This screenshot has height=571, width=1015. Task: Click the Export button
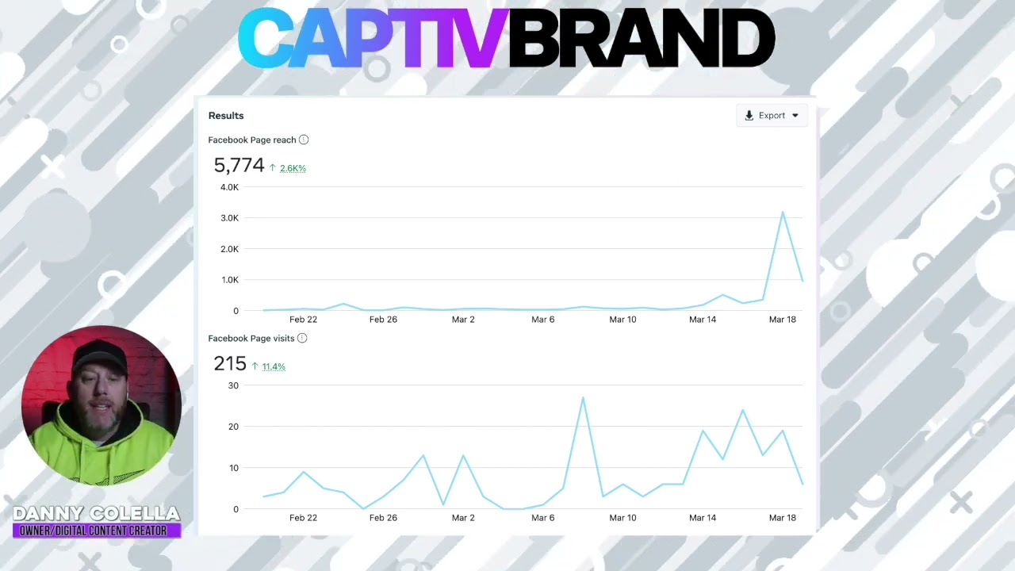(x=772, y=116)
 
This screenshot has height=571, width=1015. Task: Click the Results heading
(x=226, y=116)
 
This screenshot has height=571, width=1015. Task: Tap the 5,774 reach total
(x=239, y=165)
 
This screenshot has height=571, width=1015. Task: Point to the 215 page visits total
(x=230, y=363)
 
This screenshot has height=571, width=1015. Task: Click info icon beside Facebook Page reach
(x=304, y=140)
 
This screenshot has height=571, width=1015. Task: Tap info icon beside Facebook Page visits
(x=302, y=338)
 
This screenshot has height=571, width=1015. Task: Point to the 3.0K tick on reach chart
(x=229, y=218)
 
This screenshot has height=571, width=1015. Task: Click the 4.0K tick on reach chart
(x=229, y=187)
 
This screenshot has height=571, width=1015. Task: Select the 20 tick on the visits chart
(x=233, y=427)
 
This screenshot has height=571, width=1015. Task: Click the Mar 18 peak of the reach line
(x=783, y=212)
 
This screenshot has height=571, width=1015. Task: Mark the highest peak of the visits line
(x=583, y=397)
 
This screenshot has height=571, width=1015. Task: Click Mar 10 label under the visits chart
(x=622, y=518)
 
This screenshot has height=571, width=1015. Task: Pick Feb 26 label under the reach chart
(x=383, y=320)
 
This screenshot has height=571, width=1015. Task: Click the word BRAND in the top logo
(x=641, y=40)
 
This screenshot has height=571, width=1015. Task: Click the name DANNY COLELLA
(x=97, y=514)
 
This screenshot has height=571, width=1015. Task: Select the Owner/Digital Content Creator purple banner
(x=97, y=531)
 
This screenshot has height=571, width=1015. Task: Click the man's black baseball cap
(x=100, y=358)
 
